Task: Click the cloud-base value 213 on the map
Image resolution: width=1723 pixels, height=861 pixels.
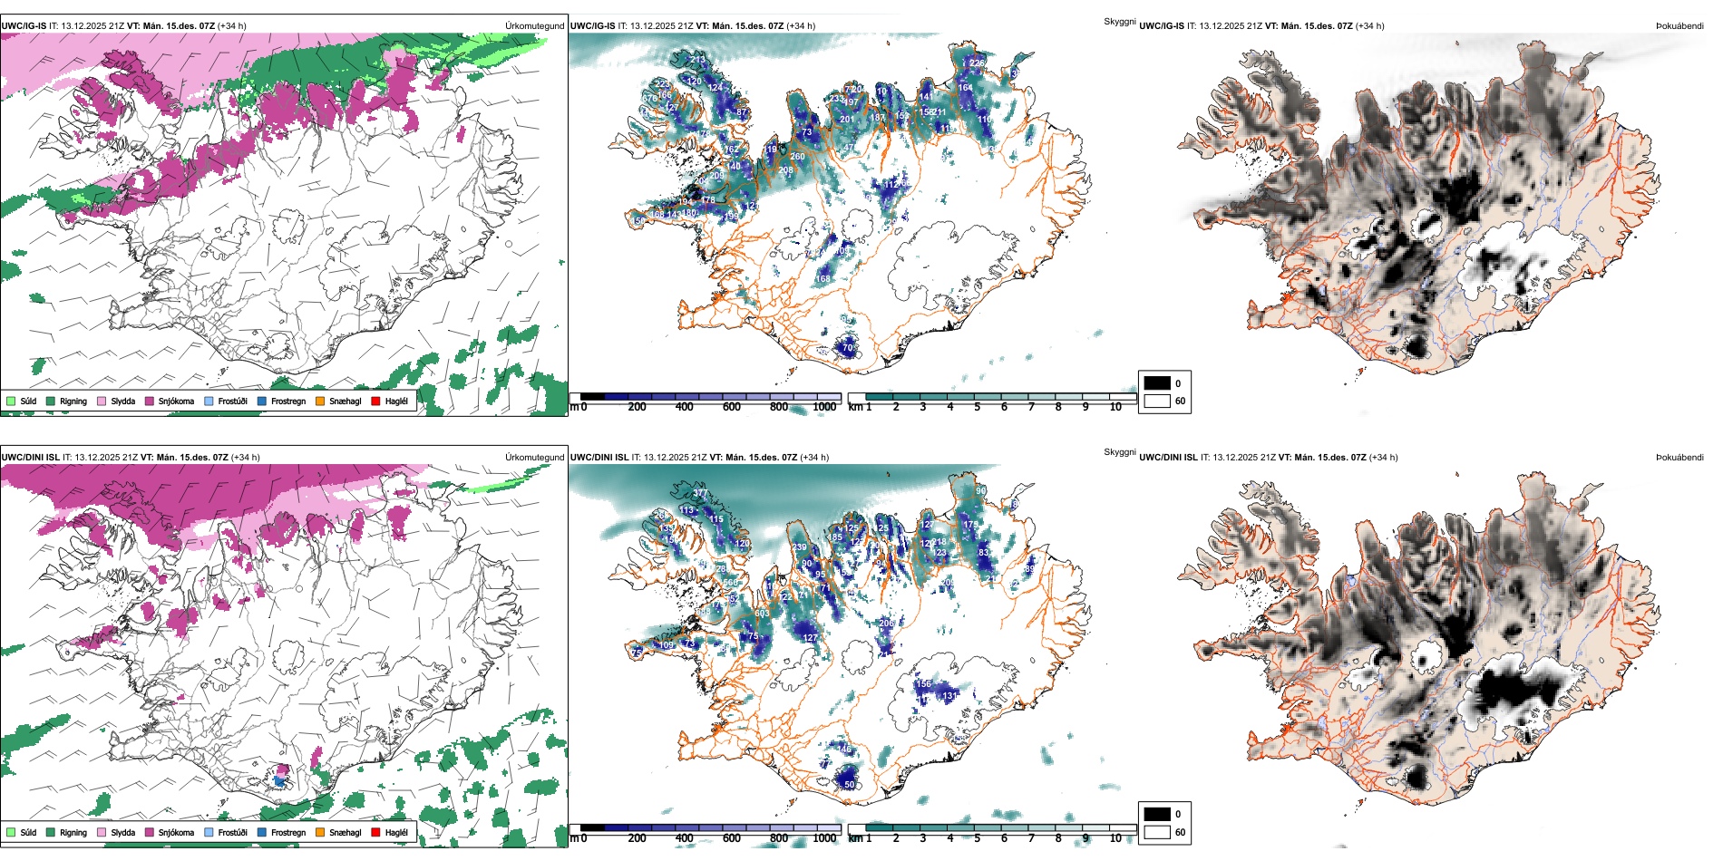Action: coord(697,60)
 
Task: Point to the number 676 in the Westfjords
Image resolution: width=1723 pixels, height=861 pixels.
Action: coord(649,98)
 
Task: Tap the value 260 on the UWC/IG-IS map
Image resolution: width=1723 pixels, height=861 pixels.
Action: coord(797,157)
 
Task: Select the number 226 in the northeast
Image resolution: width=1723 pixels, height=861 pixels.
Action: coord(977,63)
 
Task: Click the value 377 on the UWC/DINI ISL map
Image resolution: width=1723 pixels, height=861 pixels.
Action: coord(701,494)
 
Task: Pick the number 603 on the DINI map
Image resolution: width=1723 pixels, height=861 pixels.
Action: coord(762,614)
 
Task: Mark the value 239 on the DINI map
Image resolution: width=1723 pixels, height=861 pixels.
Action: coord(799,547)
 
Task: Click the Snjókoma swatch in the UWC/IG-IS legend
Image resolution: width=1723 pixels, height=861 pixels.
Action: coord(150,401)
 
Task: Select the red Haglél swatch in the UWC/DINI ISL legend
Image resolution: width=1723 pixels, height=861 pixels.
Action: coord(376,832)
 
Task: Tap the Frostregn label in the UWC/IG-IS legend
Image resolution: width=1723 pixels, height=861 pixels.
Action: coord(288,401)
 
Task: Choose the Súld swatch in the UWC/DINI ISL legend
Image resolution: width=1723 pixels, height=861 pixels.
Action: coord(11,832)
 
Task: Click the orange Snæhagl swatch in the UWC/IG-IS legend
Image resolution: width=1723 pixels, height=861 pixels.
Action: coord(320,401)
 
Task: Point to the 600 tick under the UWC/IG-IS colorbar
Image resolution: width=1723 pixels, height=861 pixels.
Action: coord(732,407)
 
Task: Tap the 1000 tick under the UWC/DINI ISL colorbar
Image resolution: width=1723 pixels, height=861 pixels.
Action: coord(824,838)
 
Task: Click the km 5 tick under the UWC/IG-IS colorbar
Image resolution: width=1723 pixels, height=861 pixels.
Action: coord(978,407)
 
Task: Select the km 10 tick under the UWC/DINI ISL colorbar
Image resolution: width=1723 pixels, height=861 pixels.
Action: coord(1115,838)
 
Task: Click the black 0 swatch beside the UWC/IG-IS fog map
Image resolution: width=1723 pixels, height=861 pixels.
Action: coord(1157,383)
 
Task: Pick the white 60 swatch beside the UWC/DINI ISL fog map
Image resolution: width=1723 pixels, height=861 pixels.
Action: coord(1157,832)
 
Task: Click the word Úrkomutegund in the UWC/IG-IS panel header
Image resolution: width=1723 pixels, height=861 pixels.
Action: coord(534,26)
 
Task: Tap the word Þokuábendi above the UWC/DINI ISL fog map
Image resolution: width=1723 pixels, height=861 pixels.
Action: coord(1679,458)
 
